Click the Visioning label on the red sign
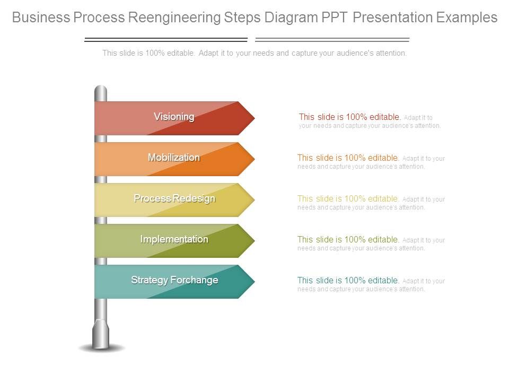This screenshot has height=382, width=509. point(174,117)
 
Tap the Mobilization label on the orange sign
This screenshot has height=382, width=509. point(174,158)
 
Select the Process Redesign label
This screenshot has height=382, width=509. point(174,198)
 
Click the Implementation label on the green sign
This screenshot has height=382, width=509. point(174,239)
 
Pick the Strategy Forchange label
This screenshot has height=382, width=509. point(174,280)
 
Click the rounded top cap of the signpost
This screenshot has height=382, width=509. point(101,90)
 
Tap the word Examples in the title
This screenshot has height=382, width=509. point(467,18)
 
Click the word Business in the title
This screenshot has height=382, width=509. point(41,18)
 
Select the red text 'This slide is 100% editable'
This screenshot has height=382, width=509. point(349,117)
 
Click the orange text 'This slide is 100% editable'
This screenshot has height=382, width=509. point(348,158)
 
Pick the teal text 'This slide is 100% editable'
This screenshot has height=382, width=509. point(348,280)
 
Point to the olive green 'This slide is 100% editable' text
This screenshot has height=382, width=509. point(348,239)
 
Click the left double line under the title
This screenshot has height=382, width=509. point(166,40)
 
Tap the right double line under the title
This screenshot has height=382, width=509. point(332,40)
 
